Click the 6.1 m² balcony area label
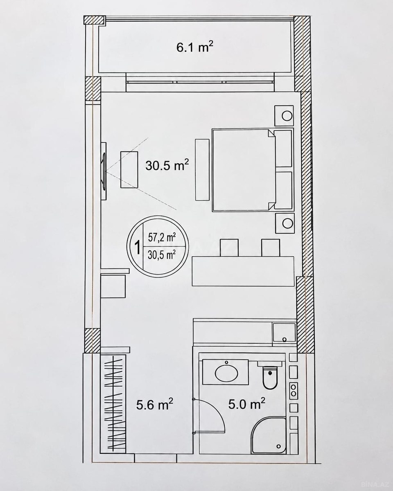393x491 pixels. (x=195, y=48)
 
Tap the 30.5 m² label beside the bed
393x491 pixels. (x=167, y=165)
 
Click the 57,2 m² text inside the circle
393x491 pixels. (x=162, y=238)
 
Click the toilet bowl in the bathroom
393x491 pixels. (x=270, y=377)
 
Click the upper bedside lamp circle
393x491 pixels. (x=287, y=116)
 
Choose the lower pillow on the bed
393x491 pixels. (x=283, y=190)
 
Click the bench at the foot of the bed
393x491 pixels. (x=202, y=170)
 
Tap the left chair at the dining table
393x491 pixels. (x=229, y=248)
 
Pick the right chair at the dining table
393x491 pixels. (x=271, y=248)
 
